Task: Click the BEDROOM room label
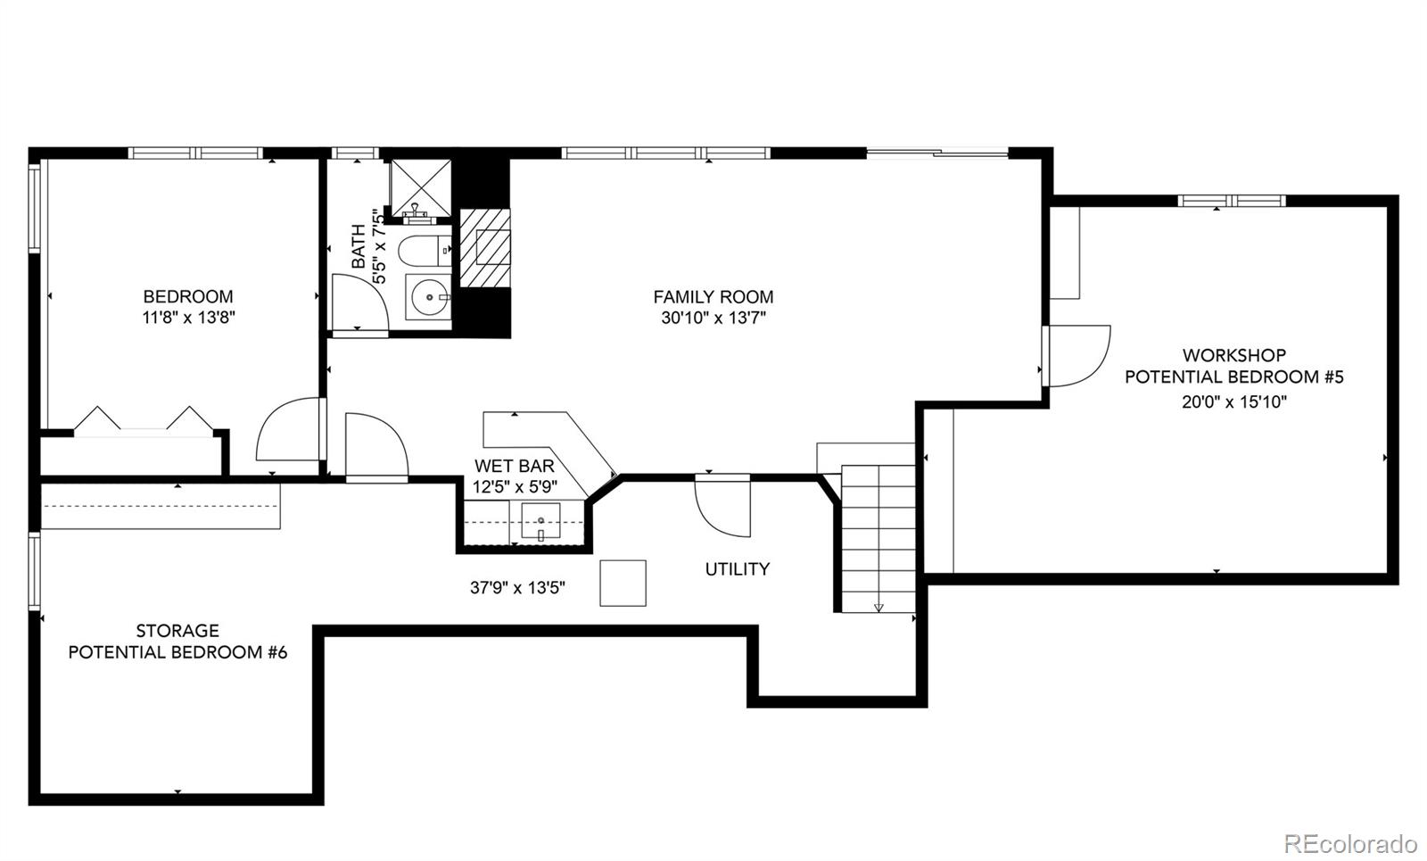pos(188,296)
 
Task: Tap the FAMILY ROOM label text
pos(713,297)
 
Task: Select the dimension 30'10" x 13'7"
pos(713,319)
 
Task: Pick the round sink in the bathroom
pos(430,296)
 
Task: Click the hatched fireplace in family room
pos(487,248)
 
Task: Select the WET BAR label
pos(514,466)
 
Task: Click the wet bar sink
pos(540,521)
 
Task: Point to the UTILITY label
pos(737,569)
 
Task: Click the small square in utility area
pos(623,584)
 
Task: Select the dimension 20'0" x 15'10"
pos(1233,402)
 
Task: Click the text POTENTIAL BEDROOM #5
pos(1233,377)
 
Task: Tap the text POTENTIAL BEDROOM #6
pos(177,652)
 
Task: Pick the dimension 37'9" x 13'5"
pos(517,588)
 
